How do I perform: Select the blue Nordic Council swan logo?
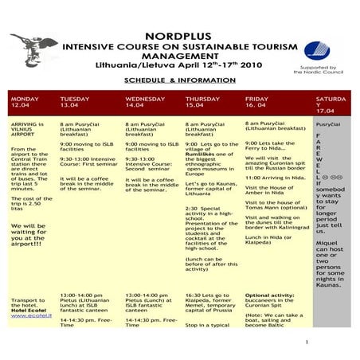[x=316, y=52]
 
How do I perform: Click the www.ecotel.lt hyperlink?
[x=28, y=315]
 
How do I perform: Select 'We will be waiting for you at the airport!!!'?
[x=29, y=237]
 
